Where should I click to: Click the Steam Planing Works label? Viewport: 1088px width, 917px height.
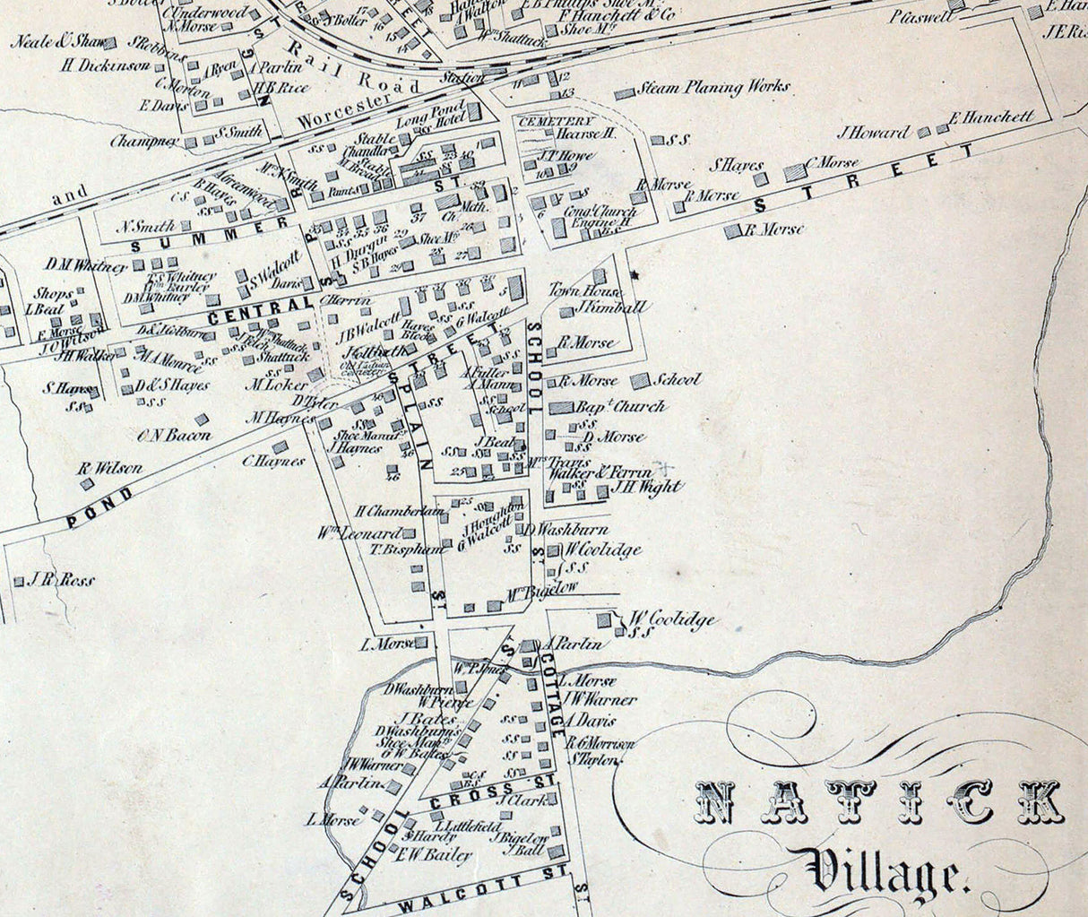tap(713, 88)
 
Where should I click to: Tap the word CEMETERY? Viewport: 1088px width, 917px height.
tap(555, 121)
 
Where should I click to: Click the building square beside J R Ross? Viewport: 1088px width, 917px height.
tap(19, 581)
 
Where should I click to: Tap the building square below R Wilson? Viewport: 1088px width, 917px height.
tap(87, 483)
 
